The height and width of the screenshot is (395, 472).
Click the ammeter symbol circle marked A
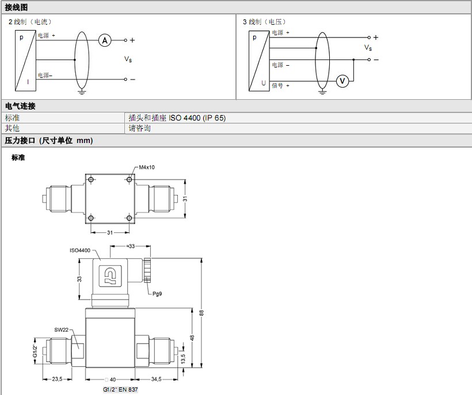104,40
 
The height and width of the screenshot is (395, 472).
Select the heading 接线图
16,7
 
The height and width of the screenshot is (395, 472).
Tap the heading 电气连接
20,106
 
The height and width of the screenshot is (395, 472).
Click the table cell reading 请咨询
139,128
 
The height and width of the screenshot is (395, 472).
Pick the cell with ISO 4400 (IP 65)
177,118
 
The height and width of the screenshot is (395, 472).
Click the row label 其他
12,128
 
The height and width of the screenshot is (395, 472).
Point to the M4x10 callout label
146,167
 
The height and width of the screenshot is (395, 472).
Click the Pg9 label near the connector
157,294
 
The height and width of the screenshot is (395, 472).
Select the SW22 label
62,329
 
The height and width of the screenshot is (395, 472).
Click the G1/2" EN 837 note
120,390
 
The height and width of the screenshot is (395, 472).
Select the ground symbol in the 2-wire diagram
82,92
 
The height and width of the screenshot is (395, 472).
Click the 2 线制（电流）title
33,21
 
